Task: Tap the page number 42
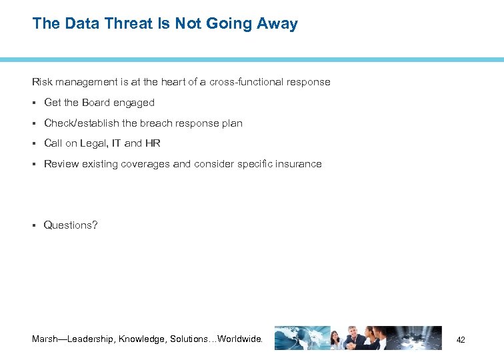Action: coord(460,340)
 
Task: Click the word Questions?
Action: coord(71,225)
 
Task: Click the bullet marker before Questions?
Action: coord(34,225)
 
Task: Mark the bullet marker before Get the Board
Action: coord(34,103)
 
